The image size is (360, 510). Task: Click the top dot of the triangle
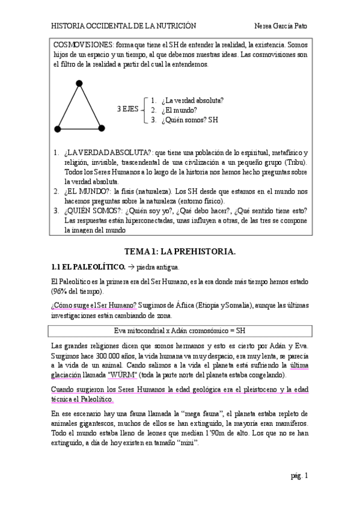(x=79, y=83)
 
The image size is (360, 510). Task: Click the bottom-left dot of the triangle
(x=58, y=128)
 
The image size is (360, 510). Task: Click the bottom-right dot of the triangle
(x=102, y=128)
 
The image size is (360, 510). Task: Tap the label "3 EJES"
(x=127, y=109)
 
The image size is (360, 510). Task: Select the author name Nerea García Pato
(x=281, y=26)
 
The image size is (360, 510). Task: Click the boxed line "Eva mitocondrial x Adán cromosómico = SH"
(x=180, y=331)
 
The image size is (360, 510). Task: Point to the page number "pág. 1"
(x=299, y=476)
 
